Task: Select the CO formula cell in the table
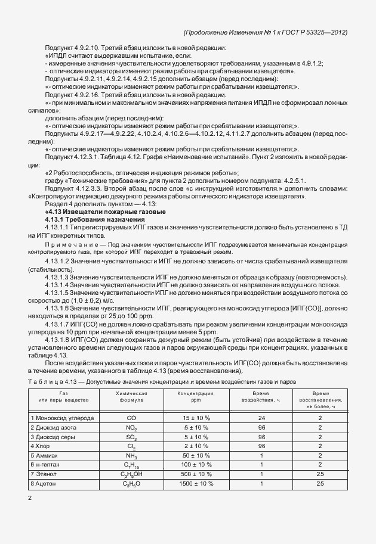coord(131,418)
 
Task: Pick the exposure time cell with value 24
coord(261,418)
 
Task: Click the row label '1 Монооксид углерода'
coord(62,418)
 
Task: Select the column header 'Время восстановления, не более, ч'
coord(320,399)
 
